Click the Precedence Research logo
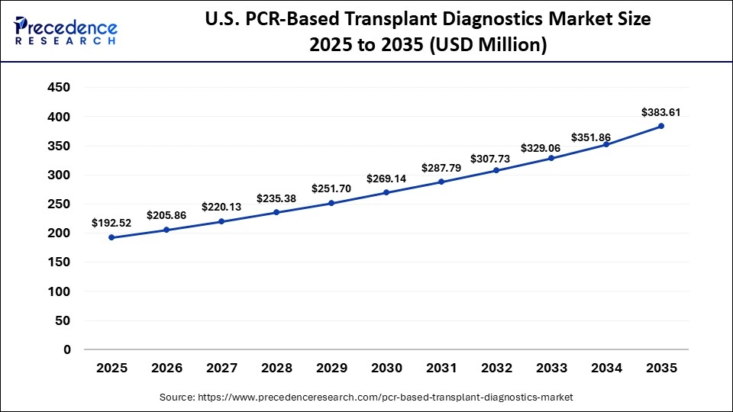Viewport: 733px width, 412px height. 66,30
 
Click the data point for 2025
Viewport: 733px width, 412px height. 111,237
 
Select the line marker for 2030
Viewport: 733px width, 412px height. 386,192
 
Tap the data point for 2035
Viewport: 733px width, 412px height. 661,126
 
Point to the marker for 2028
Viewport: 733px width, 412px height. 276,212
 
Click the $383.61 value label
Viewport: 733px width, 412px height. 661,112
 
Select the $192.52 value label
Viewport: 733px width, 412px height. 111,224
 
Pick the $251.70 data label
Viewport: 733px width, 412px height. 331,188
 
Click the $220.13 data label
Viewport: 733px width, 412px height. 221,207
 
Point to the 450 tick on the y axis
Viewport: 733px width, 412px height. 59,88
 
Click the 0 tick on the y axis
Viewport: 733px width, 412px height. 67,349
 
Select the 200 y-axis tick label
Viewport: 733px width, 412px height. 59,233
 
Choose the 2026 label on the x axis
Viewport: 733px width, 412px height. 166,368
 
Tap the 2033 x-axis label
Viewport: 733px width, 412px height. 551,368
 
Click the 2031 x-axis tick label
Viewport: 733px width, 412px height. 441,368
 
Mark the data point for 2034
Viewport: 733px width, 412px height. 606,144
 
